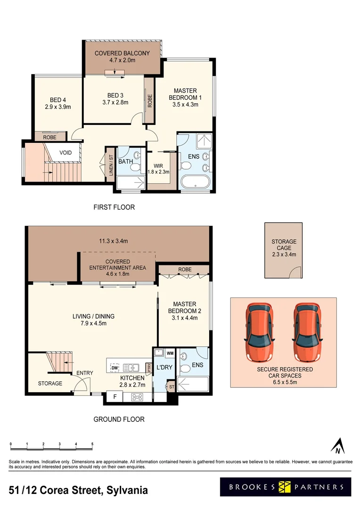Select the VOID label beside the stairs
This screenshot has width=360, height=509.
pyautogui.click(x=65, y=153)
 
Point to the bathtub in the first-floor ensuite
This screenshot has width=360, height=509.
pyautogui.click(x=196, y=182)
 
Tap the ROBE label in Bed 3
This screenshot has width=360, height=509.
pyautogui.click(x=150, y=101)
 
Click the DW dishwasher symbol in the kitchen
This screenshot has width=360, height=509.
pyautogui.click(x=115, y=368)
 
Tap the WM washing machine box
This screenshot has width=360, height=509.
pyautogui.click(x=170, y=353)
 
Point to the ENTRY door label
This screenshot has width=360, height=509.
pyautogui.click(x=85, y=373)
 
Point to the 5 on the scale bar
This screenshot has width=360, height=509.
pyautogui.click(x=92, y=444)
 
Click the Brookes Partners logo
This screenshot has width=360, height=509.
pyautogui.click(x=286, y=487)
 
